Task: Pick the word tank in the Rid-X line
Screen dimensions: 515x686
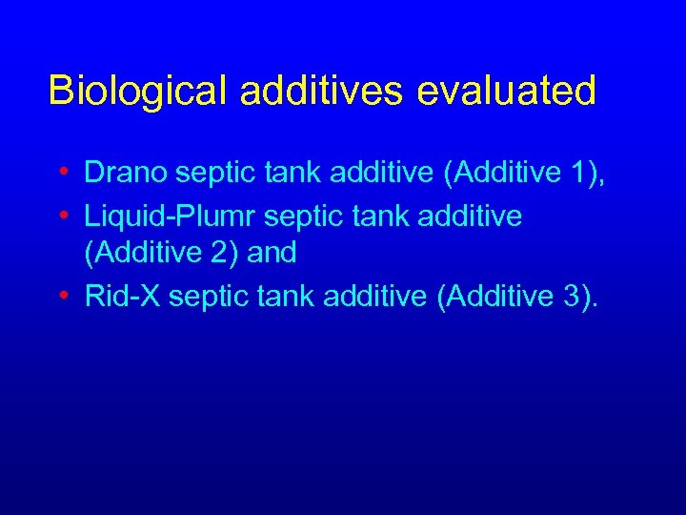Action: pyautogui.click(x=287, y=297)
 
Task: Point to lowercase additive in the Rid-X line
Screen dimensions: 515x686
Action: pyautogui.click(x=375, y=297)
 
